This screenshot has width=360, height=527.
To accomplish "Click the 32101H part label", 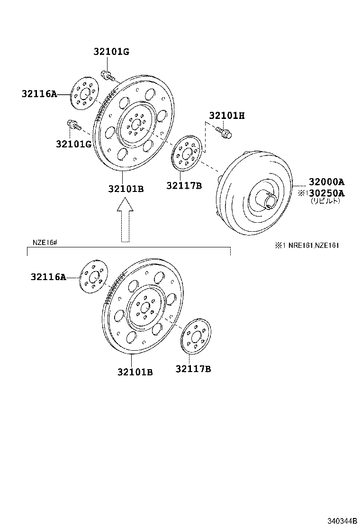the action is (x=227, y=116).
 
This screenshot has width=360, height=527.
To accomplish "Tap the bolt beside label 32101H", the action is (x=224, y=132).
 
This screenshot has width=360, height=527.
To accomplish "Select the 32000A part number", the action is (x=326, y=182).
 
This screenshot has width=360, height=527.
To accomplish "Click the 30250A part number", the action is (x=326, y=193).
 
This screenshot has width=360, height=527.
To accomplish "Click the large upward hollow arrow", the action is (x=125, y=220).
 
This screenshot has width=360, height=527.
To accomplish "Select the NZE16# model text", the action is (x=45, y=242).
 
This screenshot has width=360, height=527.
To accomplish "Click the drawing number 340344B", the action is (x=342, y=521).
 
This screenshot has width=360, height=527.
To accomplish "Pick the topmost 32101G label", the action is (x=111, y=52).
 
